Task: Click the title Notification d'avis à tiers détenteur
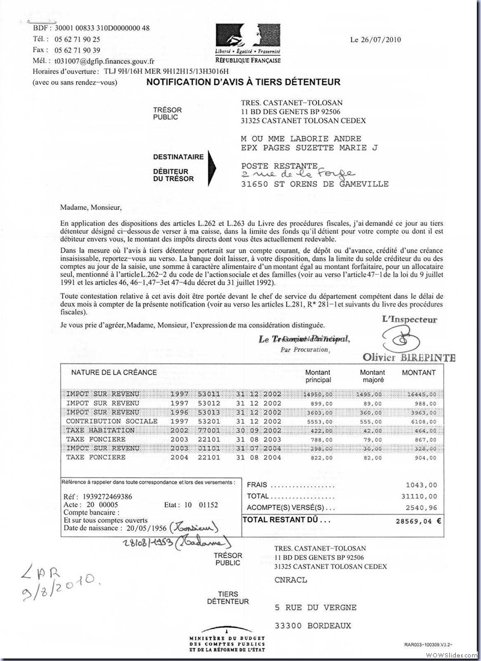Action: pyautogui.click(x=244, y=82)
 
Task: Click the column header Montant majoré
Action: pyautogui.click(x=372, y=376)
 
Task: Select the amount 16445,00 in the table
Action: pyautogui.click(x=421, y=394)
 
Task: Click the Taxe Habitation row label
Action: pyautogui.click(x=100, y=431)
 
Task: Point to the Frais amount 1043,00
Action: pyautogui.click(x=422, y=485)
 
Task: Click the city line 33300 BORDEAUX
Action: pyautogui.click(x=312, y=625)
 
